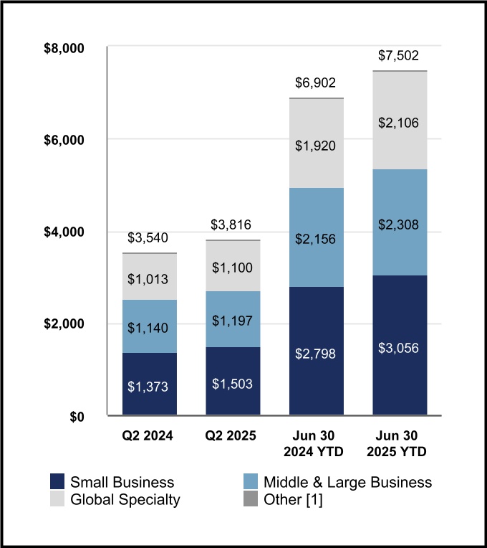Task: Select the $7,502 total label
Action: pyautogui.click(x=398, y=56)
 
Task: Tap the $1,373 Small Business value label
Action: pyautogui.click(x=149, y=387)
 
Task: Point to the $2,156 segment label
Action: pyautogui.click(x=316, y=239)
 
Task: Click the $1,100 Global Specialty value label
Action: pyautogui.click(x=232, y=268)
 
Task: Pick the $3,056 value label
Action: pyautogui.click(x=399, y=348)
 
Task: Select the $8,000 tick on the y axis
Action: pyautogui.click(x=65, y=49)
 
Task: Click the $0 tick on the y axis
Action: pyautogui.click(x=76, y=416)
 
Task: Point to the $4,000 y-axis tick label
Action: pyautogui.click(x=65, y=232)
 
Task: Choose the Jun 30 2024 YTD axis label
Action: pyautogui.click(x=316, y=443)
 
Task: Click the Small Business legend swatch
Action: pyautogui.click(x=57, y=482)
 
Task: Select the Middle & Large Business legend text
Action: pyautogui.click(x=347, y=482)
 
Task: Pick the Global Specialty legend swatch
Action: pyautogui.click(x=57, y=499)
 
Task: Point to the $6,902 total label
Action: pyautogui.click(x=316, y=83)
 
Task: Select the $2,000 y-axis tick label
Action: pyautogui.click(x=65, y=324)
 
